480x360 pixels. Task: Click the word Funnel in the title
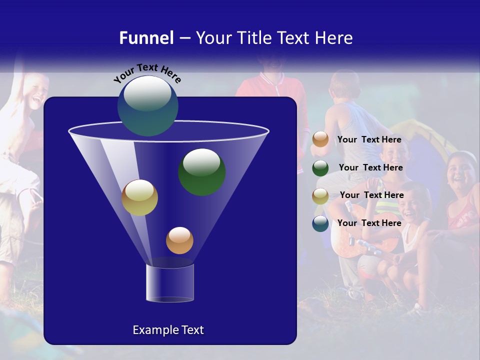pyautogui.click(x=146, y=38)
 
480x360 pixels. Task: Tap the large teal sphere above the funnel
pyautogui.click(x=147, y=105)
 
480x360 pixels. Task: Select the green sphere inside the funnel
pyautogui.click(x=201, y=171)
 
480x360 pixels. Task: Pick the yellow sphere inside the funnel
pyautogui.click(x=139, y=197)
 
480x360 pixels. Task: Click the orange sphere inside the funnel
pyautogui.click(x=179, y=240)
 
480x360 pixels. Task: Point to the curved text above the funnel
pyautogui.click(x=147, y=73)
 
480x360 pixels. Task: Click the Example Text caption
pyautogui.click(x=168, y=330)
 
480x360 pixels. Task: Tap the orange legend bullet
pyautogui.click(x=320, y=139)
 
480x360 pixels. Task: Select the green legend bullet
pyautogui.click(x=320, y=168)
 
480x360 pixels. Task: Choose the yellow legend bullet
pyautogui.click(x=320, y=196)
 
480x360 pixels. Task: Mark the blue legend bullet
pyautogui.click(x=320, y=223)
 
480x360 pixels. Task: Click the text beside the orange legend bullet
pyautogui.click(x=369, y=139)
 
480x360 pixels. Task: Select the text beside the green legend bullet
pyautogui.click(x=370, y=167)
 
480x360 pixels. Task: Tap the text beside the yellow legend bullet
pyautogui.click(x=371, y=195)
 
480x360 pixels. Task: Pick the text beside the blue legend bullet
pyautogui.click(x=369, y=223)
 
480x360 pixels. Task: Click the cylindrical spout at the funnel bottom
pyautogui.click(x=169, y=283)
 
